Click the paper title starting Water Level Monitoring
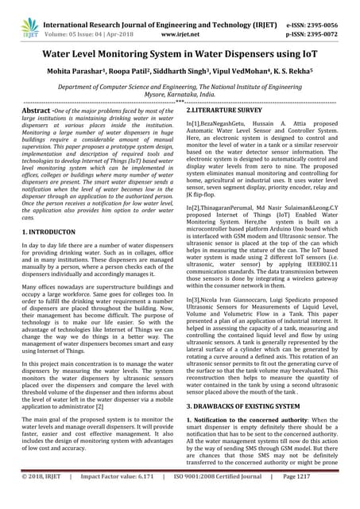(x=180, y=60)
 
